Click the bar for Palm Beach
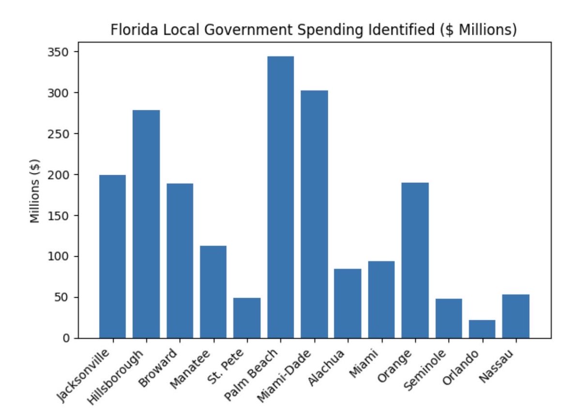(x=280, y=197)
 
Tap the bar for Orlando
(x=482, y=329)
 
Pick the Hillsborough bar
(x=146, y=224)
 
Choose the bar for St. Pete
(x=247, y=318)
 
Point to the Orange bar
(x=415, y=260)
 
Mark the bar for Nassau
(x=516, y=316)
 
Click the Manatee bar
(x=213, y=291)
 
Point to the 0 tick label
(x=66, y=338)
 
